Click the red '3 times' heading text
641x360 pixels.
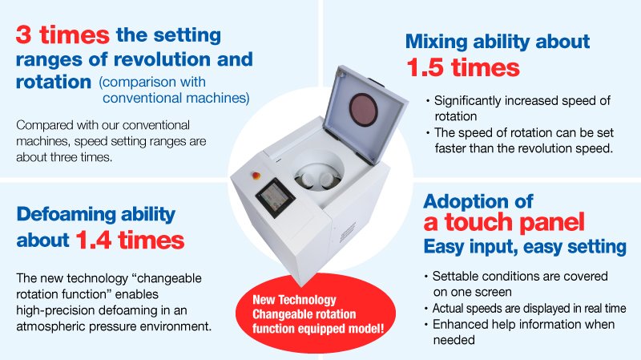pos(62,34)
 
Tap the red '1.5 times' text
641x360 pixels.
pos(463,67)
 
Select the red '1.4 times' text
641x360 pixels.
pos(130,240)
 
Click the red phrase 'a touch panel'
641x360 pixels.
pos(504,223)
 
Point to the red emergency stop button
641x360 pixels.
pos(256,176)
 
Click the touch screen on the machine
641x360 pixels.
pos(275,197)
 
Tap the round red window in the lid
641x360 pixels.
pos(364,110)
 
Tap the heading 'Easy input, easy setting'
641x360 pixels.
pos(525,247)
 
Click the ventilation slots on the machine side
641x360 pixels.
pos(348,233)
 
